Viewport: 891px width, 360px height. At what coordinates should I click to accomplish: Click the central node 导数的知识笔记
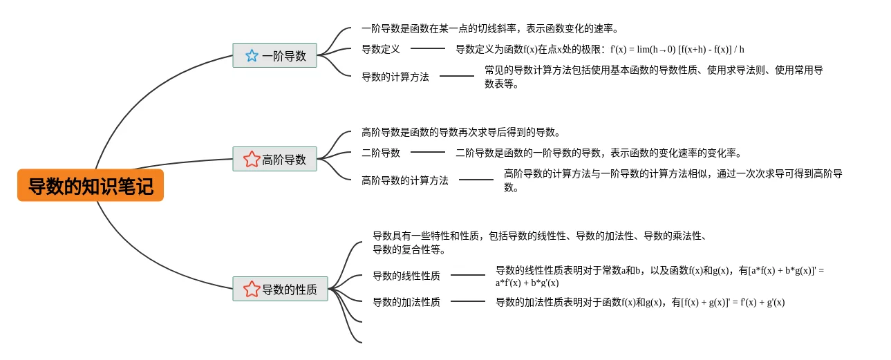91,186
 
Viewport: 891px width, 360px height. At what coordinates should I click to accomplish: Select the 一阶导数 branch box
274,55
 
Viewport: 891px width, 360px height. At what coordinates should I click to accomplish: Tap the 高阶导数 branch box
274,159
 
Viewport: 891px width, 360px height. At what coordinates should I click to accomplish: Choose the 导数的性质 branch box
280,289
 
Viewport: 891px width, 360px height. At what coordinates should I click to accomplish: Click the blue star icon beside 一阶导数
252,56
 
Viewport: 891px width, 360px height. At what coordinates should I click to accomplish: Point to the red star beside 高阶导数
252,160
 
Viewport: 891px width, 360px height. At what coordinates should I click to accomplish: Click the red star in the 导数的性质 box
252,290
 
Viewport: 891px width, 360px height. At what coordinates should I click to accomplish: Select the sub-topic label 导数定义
381,49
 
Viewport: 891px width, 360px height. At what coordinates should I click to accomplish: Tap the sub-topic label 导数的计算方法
395,77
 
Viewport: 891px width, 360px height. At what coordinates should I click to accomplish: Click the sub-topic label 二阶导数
381,153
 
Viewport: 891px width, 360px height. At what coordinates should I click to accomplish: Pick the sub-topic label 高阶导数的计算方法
405,180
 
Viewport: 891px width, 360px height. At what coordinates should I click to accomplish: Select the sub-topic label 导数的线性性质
406,276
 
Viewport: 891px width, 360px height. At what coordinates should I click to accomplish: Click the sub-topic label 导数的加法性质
406,302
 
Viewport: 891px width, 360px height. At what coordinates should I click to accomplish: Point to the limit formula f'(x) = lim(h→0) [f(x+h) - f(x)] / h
677,49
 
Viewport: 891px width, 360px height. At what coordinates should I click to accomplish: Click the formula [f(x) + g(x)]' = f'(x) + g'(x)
733,302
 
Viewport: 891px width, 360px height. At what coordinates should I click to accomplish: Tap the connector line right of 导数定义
428,49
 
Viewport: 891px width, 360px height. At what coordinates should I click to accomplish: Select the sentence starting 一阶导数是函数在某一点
490,28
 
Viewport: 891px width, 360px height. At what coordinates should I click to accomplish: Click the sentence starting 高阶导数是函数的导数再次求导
461,132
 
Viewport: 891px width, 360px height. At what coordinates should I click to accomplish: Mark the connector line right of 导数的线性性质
468,275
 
